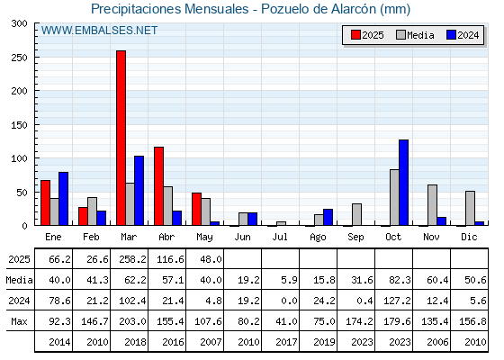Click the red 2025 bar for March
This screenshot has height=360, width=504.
[x=121, y=138]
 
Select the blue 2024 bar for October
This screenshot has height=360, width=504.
[x=404, y=183]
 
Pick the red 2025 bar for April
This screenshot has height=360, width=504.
[x=158, y=186]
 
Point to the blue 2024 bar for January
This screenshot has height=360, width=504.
[x=63, y=199]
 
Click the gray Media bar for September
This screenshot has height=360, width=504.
[x=356, y=214]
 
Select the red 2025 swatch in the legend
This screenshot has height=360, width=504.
[x=355, y=35]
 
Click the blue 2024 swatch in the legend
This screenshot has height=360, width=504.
[x=451, y=35]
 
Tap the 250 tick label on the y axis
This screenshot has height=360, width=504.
[x=20, y=58]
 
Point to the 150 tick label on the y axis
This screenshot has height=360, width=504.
[x=20, y=125]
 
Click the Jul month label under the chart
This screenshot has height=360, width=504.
[x=280, y=237]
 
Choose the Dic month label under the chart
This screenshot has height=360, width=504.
[x=469, y=237]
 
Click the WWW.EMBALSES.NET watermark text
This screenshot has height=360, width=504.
[x=99, y=31]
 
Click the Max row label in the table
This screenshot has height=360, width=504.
[x=19, y=321]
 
